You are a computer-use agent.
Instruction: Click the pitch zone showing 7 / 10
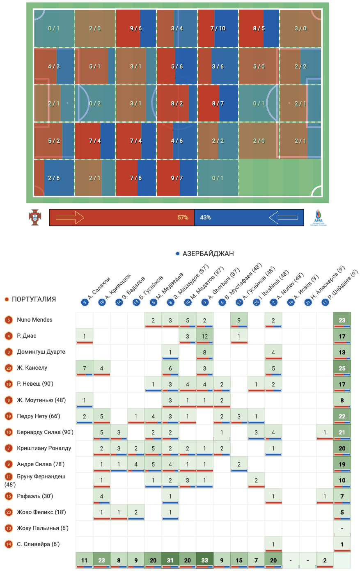click(x=218, y=28)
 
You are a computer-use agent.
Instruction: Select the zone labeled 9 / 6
click(x=136, y=28)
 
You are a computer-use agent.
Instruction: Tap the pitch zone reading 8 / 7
click(x=218, y=103)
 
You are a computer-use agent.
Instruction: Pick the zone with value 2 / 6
click(x=54, y=178)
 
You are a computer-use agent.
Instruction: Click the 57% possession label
click(x=183, y=217)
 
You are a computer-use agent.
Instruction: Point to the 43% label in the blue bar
click(x=205, y=217)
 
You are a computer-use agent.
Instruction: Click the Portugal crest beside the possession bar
click(x=35, y=217)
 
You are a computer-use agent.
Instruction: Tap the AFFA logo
click(x=318, y=217)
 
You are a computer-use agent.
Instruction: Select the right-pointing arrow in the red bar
click(x=70, y=217)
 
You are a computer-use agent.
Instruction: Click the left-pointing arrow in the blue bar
click(x=284, y=217)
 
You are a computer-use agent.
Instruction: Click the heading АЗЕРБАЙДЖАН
click(x=208, y=254)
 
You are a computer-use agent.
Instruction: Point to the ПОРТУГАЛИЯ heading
click(x=34, y=299)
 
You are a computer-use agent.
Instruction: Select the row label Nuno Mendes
click(x=34, y=320)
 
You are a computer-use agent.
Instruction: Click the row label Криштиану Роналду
click(x=44, y=448)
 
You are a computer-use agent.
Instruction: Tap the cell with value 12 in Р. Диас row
click(x=204, y=336)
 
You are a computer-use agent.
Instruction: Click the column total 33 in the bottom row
click(x=204, y=560)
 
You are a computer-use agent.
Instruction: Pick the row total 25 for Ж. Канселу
click(x=342, y=368)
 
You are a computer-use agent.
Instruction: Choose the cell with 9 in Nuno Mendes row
click(x=239, y=320)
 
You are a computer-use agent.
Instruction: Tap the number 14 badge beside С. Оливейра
click(x=9, y=544)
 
